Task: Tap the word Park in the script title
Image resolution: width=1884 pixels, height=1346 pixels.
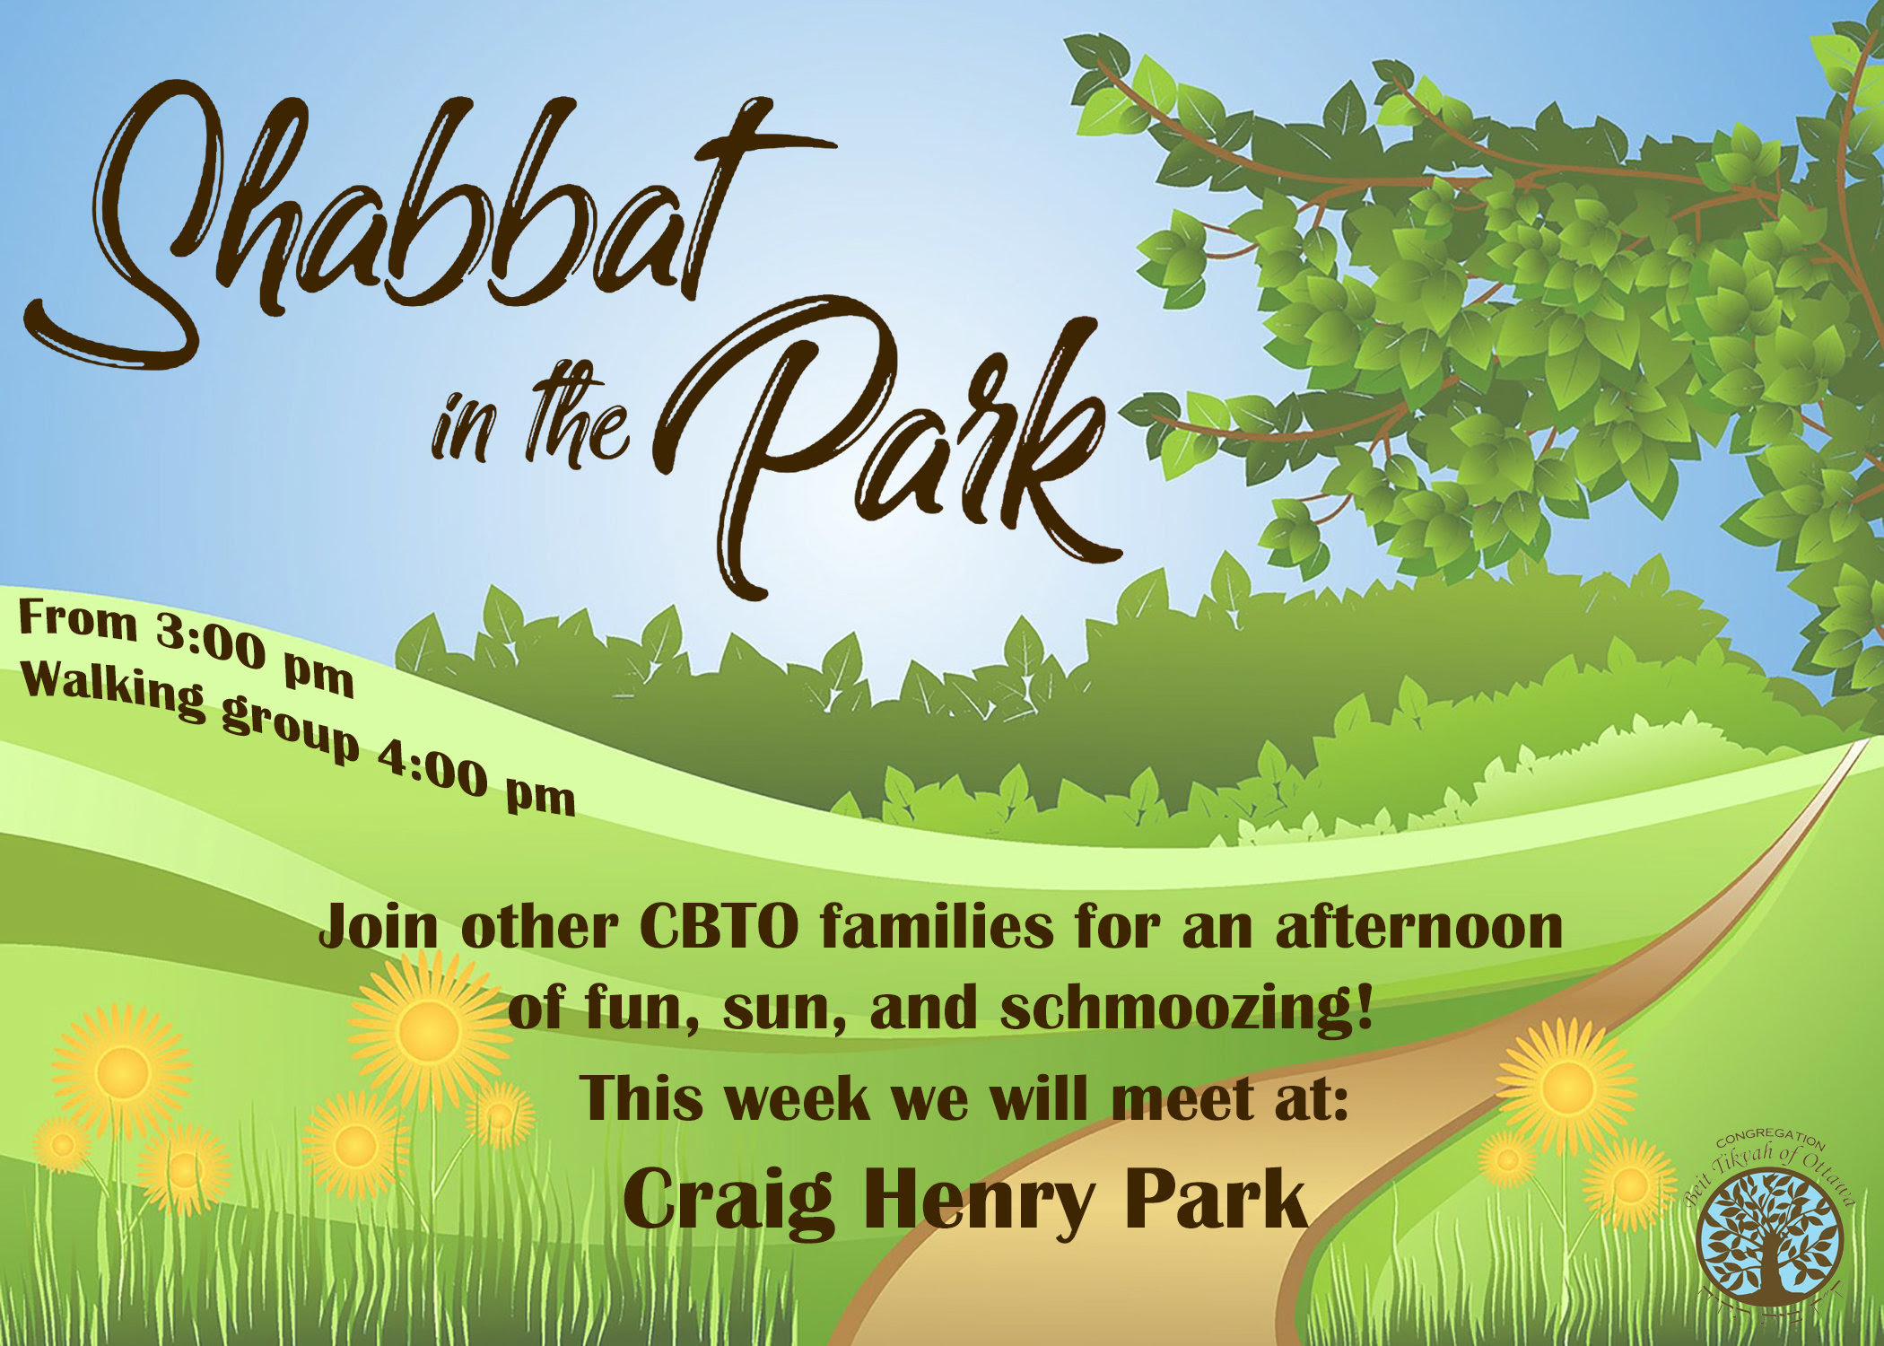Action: [x=888, y=449]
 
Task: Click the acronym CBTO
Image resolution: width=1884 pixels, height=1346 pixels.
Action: [x=719, y=928]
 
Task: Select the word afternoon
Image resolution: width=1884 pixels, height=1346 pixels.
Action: [x=1419, y=928]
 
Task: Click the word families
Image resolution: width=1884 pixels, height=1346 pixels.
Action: [x=937, y=928]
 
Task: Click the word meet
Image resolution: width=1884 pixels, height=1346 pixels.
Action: [x=1183, y=1098]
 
